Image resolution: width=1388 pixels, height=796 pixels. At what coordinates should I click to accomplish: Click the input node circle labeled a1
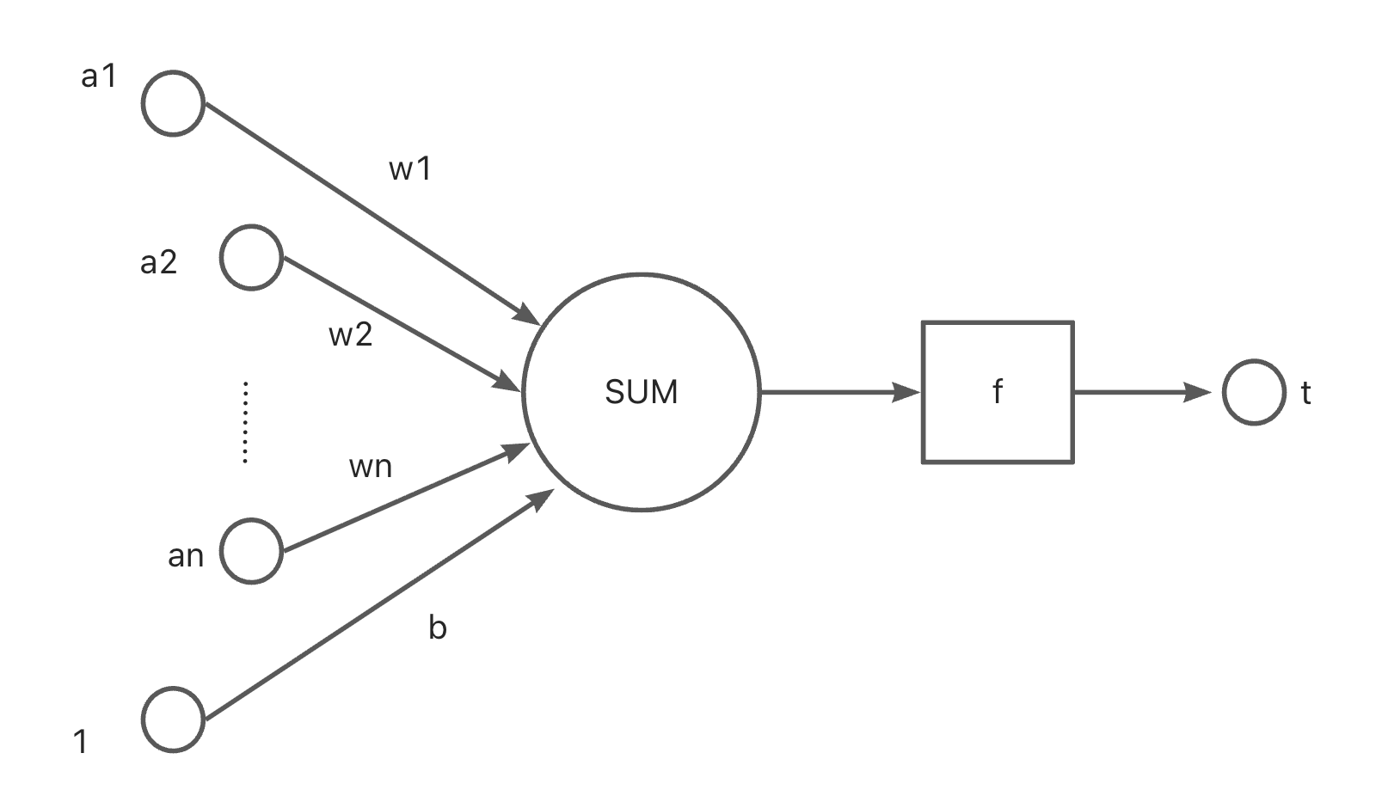[x=173, y=103]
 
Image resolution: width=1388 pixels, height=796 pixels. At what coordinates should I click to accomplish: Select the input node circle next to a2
[x=251, y=257]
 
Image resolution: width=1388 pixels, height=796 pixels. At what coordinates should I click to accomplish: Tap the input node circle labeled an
[x=251, y=551]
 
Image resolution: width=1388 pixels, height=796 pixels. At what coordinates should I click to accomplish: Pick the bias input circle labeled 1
[x=173, y=719]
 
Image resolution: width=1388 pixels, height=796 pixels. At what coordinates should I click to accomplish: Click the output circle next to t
[x=1254, y=392]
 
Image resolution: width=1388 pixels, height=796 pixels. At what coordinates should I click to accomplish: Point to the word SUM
[x=642, y=392]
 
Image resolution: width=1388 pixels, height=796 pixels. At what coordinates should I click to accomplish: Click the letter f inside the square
[x=998, y=392]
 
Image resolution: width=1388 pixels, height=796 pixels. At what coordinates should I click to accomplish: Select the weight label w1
[x=410, y=169]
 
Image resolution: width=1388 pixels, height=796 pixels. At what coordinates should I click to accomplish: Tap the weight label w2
[x=351, y=334]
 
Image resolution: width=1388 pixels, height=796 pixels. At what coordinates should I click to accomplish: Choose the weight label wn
[x=371, y=467]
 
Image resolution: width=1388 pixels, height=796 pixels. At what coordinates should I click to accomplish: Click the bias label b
[x=437, y=628]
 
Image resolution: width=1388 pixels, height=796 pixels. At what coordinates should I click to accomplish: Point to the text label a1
[x=98, y=77]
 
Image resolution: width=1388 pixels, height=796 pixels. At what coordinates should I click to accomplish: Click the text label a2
[x=158, y=262]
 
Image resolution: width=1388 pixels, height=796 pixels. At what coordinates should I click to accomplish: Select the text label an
[x=186, y=556]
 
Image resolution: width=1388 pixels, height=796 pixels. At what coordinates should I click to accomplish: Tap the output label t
[x=1305, y=393]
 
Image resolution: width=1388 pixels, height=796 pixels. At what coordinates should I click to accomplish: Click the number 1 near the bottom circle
[x=81, y=741]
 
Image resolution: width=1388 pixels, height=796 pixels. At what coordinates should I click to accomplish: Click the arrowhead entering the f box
[x=907, y=392]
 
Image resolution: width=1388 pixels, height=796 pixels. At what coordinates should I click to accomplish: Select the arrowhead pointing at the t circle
[x=1199, y=392]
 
